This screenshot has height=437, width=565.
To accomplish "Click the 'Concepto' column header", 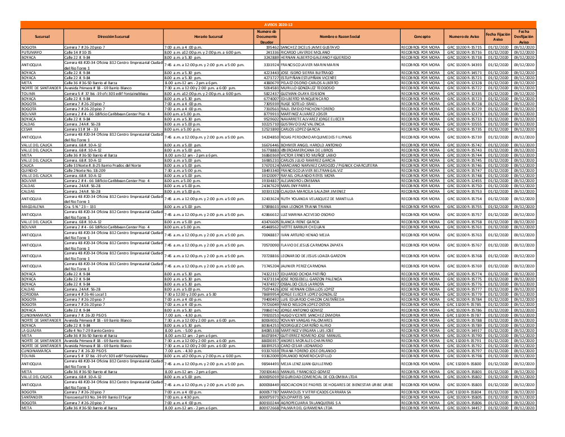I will (x=422, y=36).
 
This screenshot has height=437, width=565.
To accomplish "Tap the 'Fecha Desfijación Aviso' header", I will (x=524, y=36).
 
